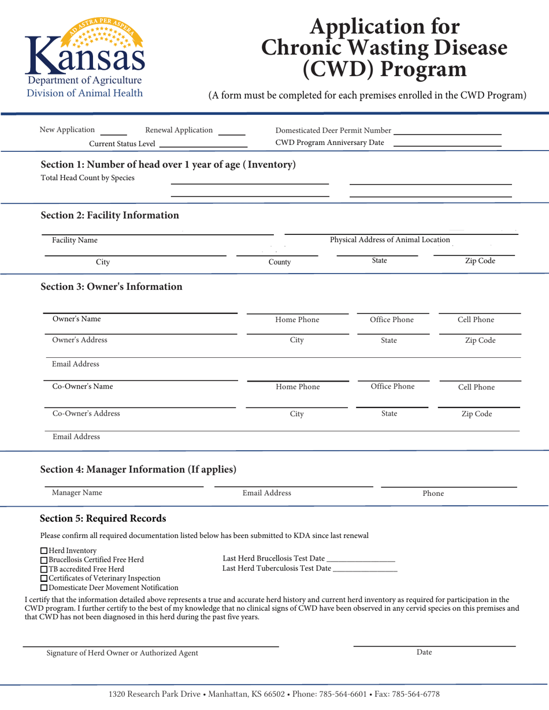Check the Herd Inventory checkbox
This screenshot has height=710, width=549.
coord(44,551)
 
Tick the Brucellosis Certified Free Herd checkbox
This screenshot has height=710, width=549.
coord(44,560)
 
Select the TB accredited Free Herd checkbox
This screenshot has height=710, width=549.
coord(44,569)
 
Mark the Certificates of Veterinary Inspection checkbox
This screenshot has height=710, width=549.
coord(44,578)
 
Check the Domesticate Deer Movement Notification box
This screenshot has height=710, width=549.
coord(44,588)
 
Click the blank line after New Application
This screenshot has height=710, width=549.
coord(117,134)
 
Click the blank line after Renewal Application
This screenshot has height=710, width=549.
coord(232,134)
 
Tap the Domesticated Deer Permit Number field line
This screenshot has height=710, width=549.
coord(447,133)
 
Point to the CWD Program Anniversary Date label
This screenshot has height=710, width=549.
coord(329,143)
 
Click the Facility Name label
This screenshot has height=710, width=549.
coord(75,240)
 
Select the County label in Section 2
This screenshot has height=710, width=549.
coord(280,262)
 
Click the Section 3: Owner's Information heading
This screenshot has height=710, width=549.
coord(112,286)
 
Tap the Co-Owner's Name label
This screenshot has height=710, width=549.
coord(83,387)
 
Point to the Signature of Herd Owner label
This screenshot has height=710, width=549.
coord(122,653)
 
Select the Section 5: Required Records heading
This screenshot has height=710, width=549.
coord(102,518)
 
